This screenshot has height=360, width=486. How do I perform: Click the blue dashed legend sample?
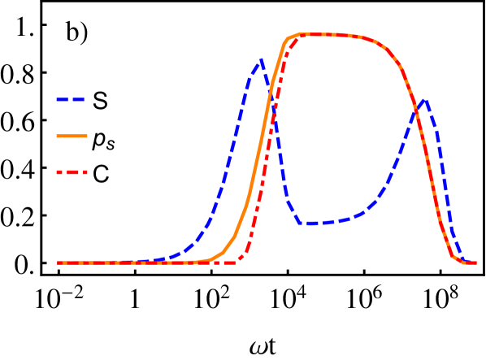[71, 100]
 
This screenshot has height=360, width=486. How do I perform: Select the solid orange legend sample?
[72, 136]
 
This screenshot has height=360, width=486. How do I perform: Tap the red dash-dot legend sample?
[72, 172]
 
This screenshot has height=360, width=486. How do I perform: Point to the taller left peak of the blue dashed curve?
[261, 59]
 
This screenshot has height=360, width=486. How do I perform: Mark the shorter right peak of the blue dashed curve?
[423, 100]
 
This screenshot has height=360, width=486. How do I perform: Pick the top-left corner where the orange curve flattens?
[287, 38]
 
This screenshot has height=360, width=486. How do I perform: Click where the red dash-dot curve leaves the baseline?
[239, 262]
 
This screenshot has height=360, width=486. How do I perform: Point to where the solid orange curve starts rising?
[207, 261]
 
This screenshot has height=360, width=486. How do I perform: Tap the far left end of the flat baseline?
[58, 262]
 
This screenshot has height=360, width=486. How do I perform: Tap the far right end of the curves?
[475, 262]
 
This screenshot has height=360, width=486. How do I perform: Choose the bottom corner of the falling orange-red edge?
[453, 257]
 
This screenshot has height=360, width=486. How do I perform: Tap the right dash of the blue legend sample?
[79, 100]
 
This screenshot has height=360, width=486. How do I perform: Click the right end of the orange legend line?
[86, 136]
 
